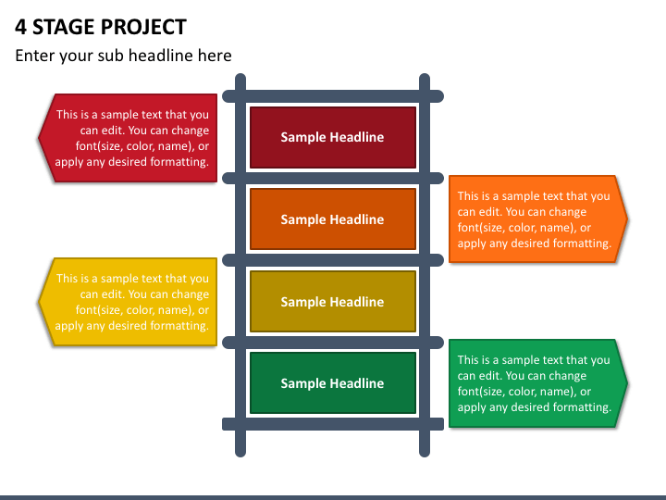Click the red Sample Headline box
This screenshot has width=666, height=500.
click(x=332, y=137)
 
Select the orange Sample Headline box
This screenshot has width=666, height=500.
click(x=332, y=219)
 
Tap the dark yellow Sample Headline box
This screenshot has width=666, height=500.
click(x=332, y=302)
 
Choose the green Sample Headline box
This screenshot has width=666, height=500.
click(x=332, y=383)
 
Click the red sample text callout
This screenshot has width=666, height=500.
click(x=129, y=138)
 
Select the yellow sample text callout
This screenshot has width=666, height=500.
click(x=129, y=302)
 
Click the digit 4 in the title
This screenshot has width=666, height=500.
click(x=20, y=27)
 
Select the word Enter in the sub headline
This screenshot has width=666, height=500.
click(x=35, y=56)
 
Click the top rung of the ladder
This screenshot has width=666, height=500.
click(x=332, y=95)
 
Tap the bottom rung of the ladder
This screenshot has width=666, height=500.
click(x=332, y=424)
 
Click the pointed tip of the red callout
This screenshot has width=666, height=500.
click(x=40, y=138)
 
